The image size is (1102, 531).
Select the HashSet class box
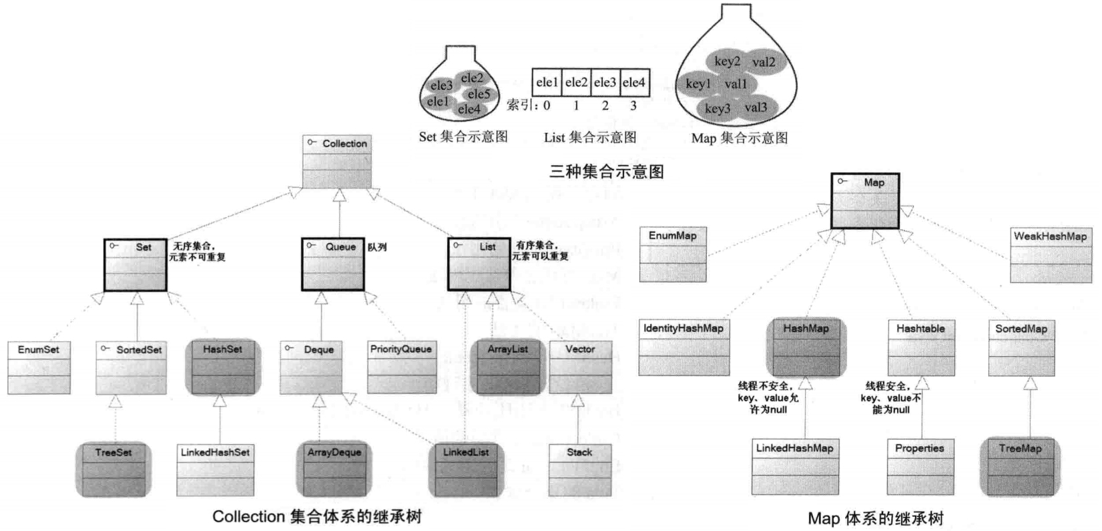point(222,367)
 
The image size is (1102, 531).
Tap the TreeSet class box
point(113,470)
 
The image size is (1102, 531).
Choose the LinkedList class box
point(465,470)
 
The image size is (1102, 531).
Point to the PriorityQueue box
point(400,367)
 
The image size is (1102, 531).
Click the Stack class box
point(579,470)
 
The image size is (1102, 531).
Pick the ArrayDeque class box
point(334,470)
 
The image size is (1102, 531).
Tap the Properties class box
point(920,466)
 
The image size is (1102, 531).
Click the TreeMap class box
point(1019,466)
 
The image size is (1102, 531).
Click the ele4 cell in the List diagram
point(634,83)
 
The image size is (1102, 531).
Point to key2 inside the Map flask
point(727,61)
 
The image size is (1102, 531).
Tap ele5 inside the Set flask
point(479,94)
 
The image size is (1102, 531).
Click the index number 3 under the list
point(633,106)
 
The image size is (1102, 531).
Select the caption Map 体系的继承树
point(875,518)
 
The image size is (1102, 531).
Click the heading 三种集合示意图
point(606,172)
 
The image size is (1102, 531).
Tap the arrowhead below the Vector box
point(578,401)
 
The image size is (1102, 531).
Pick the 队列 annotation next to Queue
point(377,247)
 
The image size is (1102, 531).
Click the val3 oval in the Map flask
point(756,108)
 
